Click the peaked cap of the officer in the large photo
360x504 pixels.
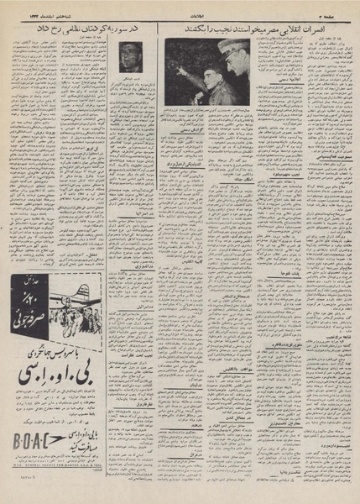tap(232, 47)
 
